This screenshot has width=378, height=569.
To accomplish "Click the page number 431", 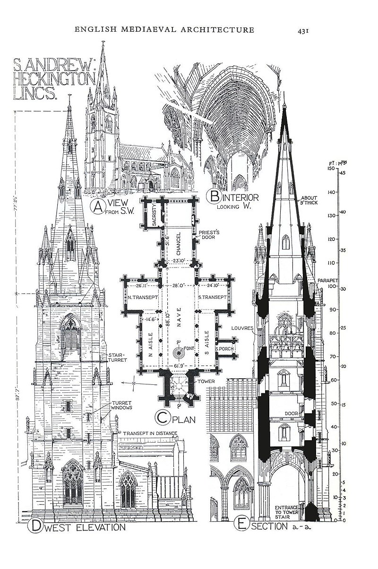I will (303, 31).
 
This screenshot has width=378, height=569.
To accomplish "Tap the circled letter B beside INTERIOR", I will (216, 197).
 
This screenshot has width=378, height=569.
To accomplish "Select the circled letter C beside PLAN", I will (162, 418).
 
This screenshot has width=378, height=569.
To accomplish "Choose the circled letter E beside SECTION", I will (241, 524).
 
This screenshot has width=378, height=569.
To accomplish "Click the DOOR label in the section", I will (291, 413).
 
